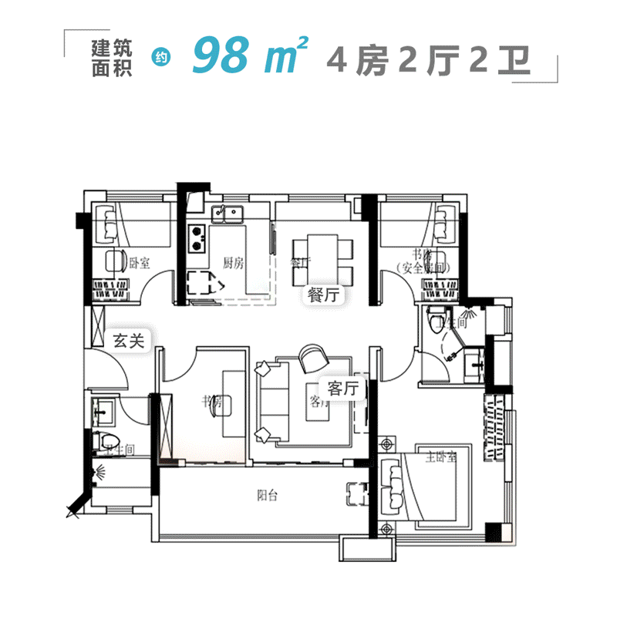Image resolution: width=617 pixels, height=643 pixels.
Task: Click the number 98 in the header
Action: (225, 56)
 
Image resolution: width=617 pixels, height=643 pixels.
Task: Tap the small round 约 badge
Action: (161, 57)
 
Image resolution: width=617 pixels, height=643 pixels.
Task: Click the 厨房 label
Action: (233, 263)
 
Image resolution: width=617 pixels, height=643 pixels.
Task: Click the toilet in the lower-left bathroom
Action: (102, 443)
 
